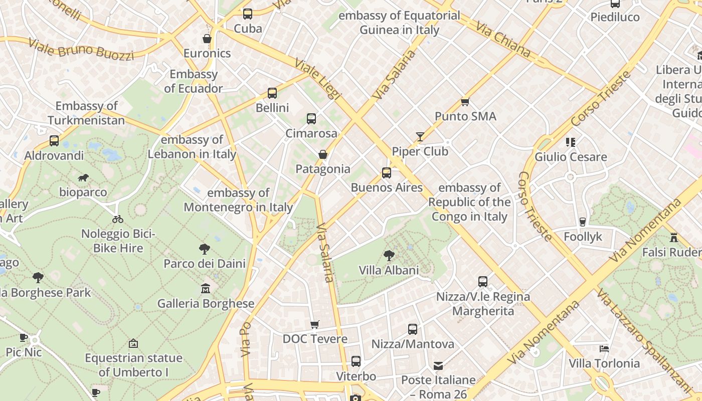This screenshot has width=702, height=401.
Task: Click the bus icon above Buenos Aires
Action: pyautogui.click(x=386, y=173)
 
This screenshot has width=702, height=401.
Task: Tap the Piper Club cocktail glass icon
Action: pyautogui.click(x=420, y=136)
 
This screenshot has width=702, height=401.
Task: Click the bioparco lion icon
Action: pyautogui.click(x=83, y=177)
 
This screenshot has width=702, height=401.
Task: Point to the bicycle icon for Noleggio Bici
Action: pyautogui.click(x=118, y=219)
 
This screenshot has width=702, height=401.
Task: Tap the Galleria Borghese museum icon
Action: pyautogui.click(x=206, y=289)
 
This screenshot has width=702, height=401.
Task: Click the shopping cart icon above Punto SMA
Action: pyautogui.click(x=465, y=102)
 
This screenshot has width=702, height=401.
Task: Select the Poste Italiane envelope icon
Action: pyautogui.click(x=438, y=365)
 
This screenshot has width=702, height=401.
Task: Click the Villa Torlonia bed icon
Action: pyautogui.click(x=604, y=348)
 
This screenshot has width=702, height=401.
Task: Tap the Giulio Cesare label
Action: pyautogui.click(x=571, y=157)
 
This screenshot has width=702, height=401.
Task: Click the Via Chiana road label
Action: pyautogui.click(x=502, y=39)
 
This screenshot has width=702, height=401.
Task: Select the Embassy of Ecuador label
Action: pyautogui.click(x=194, y=81)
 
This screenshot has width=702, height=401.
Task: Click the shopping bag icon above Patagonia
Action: pyautogui.click(x=323, y=154)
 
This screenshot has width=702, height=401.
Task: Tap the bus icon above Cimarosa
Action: pyautogui.click(x=311, y=119)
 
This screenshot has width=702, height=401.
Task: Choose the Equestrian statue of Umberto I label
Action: pyautogui.click(x=133, y=365)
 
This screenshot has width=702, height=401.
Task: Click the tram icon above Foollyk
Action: pyautogui.click(x=582, y=222)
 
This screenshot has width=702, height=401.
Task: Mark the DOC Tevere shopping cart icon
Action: pyautogui.click(x=314, y=324)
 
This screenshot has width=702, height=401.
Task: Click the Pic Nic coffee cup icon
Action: pyautogui.click(x=24, y=337)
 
